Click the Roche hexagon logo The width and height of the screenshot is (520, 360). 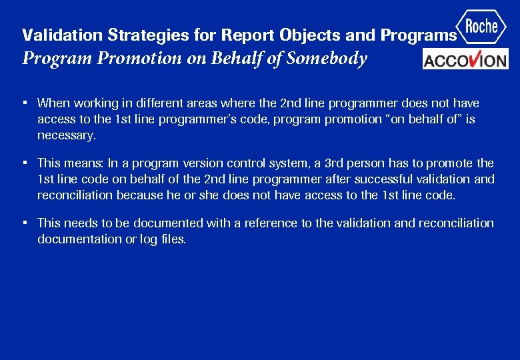pos(482,27)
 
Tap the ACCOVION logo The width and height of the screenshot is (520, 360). pos(465,59)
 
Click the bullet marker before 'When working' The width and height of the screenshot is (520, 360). pos(24,103)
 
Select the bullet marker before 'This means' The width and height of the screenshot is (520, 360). pos(24,163)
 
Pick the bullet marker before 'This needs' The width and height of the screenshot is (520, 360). pos(24,223)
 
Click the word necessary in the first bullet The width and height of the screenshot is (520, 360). pos(66,135)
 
